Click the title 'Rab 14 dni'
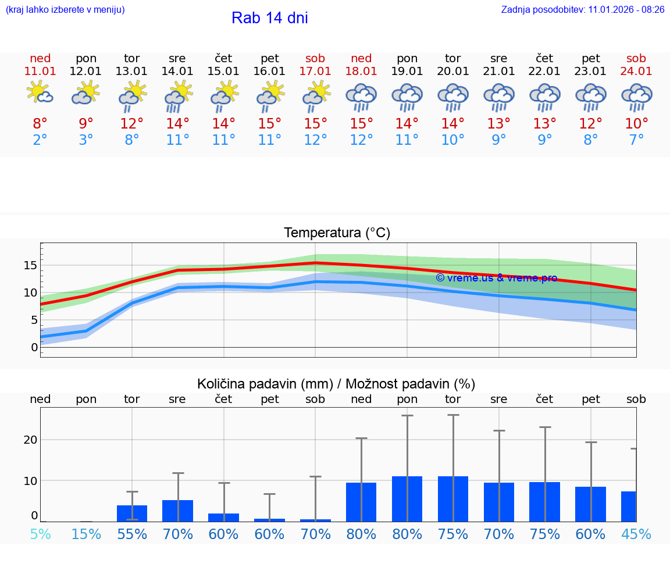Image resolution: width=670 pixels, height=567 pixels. tap(269, 18)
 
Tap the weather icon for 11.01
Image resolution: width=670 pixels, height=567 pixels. tap(40, 93)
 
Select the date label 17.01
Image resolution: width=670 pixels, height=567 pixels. tap(315, 71)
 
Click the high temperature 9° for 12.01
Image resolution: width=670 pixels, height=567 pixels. tap(86, 123)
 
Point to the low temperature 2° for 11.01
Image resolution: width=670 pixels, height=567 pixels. tap(40, 140)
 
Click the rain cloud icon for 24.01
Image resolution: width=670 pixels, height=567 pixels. tap(636, 97)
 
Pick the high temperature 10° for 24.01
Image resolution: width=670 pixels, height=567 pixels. tap(636, 123)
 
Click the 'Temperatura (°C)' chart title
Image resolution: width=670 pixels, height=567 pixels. tap(337, 233)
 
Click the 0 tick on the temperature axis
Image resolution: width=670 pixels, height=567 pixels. tap(34, 347)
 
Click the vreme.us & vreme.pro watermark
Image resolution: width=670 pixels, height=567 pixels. tap(496, 278)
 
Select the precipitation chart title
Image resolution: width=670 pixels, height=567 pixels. tap(336, 384)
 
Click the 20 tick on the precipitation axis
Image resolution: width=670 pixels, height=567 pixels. tap(30, 440)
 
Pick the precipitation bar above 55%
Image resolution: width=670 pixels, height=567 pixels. tap(132, 513)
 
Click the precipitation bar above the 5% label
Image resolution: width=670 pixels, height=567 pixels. tap(40, 520)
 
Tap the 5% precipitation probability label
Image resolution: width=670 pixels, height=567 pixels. tap(40, 534)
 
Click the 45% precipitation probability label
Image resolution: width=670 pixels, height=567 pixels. tap(636, 534)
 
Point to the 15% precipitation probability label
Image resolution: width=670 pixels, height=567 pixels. tap(86, 534)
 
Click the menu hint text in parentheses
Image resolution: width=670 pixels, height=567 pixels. tap(65, 10)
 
